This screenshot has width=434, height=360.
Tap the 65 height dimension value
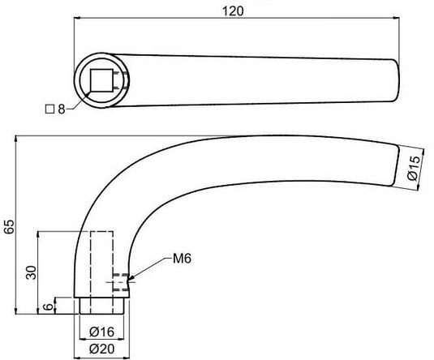point(9,226)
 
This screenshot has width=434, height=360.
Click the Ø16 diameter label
point(101,331)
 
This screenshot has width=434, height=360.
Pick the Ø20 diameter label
point(101,349)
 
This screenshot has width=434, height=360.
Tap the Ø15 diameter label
point(412,166)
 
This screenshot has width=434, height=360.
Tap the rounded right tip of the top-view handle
point(397,79)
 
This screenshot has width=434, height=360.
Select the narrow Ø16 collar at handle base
point(101,306)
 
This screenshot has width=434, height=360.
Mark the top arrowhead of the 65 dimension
point(17,139)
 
